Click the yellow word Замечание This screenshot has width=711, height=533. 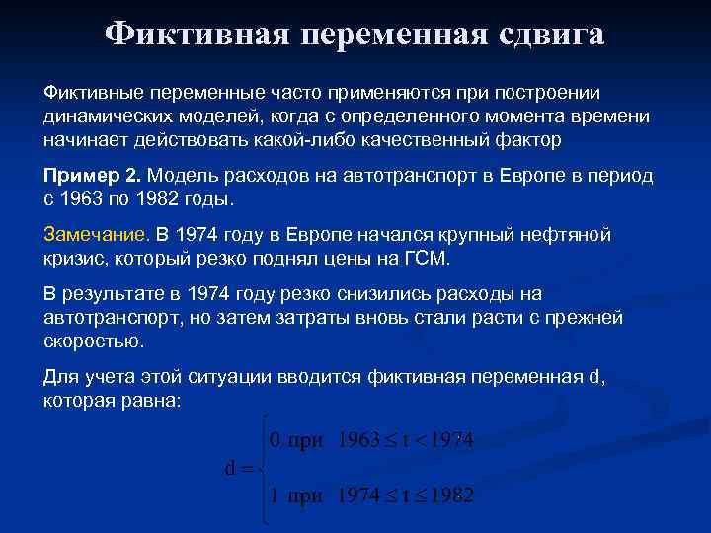(96, 235)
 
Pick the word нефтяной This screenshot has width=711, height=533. (567, 235)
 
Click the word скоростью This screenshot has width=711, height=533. (94, 343)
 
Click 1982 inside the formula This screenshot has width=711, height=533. (447, 495)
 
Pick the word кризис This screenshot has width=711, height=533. (74, 259)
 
